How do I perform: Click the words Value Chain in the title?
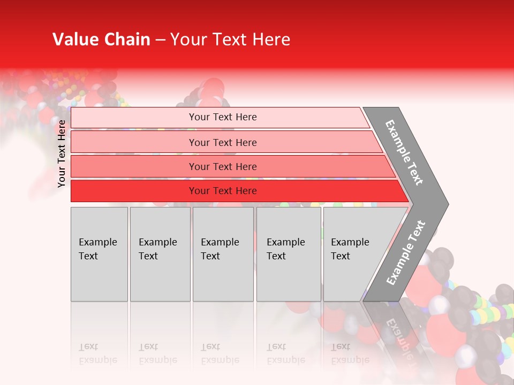click(101, 40)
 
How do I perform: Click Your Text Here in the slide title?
click(230, 40)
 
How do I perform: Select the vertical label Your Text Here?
click(62, 153)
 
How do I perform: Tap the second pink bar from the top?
click(222, 142)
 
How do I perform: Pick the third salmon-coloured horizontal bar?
click(222, 166)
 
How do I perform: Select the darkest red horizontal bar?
click(222, 191)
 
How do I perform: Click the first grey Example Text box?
click(99, 254)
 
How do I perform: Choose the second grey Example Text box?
click(160, 254)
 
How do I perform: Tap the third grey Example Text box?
click(223, 254)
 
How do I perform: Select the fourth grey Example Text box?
click(289, 254)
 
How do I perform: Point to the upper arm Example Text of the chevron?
click(404, 152)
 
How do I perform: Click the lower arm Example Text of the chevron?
click(406, 252)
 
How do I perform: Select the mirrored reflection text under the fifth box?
click(350, 353)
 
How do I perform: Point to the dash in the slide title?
click(160, 40)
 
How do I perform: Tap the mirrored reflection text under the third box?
click(220, 353)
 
